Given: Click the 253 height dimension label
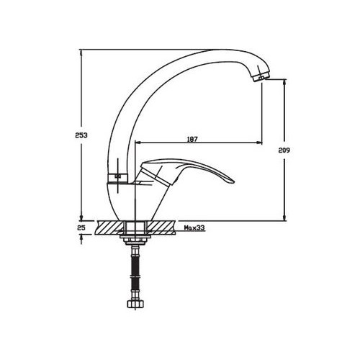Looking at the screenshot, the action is (x=81, y=135).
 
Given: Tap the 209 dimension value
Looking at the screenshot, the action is (x=284, y=150).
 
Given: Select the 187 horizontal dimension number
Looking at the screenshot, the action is (x=192, y=139).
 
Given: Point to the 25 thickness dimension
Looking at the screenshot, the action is (x=81, y=228).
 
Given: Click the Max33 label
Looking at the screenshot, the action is (x=194, y=228).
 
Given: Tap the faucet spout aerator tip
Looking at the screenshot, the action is (x=261, y=77).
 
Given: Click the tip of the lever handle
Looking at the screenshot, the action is (x=233, y=183).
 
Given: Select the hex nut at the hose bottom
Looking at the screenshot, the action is (x=135, y=305).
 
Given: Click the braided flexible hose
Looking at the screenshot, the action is (x=135, y=272).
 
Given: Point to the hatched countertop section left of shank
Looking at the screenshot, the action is (x=110, y=228).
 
